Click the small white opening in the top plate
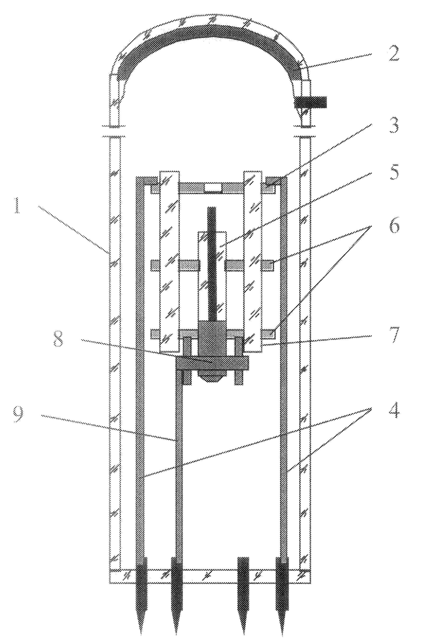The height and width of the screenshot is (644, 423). pos(213,188)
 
